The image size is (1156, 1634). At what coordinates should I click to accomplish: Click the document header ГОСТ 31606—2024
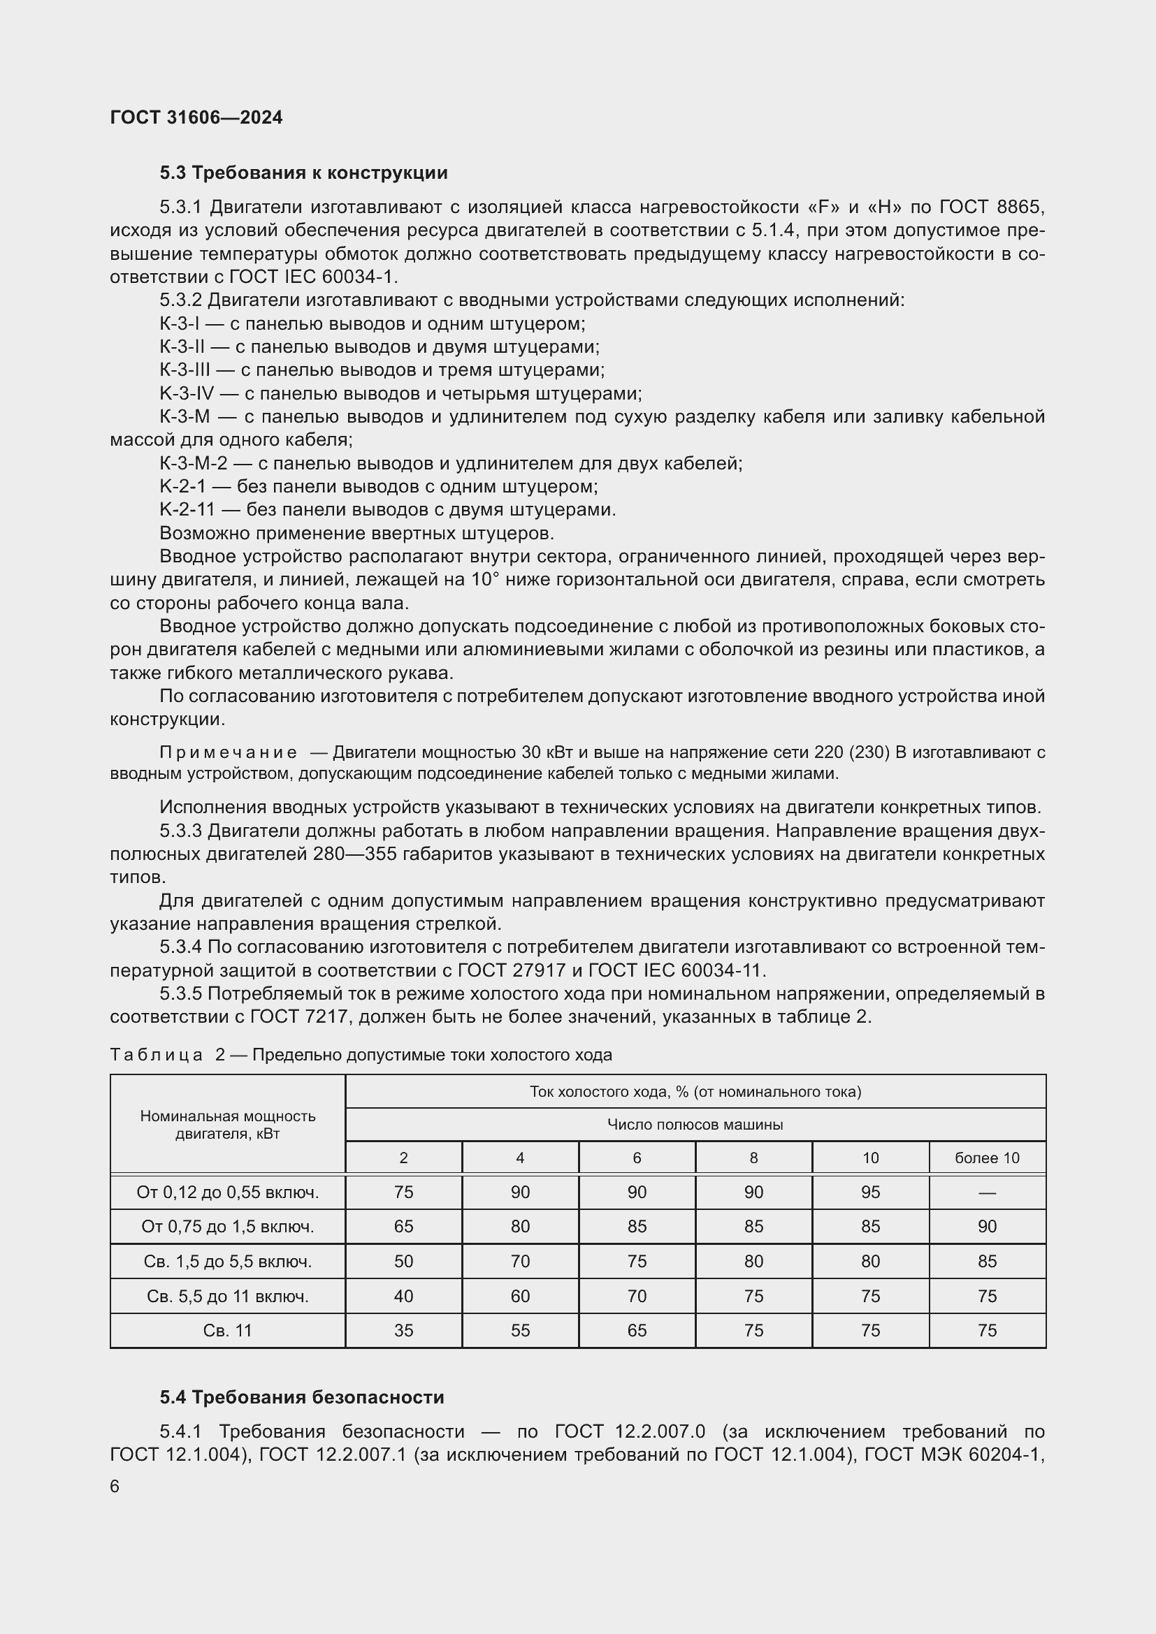(x=196, y=117)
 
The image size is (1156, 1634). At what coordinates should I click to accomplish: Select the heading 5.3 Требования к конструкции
(x=303, y=173)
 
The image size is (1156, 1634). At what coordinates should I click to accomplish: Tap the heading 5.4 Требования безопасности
(x=302, y=1397)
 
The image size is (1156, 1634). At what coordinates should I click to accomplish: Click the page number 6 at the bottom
(x=115, y=1487)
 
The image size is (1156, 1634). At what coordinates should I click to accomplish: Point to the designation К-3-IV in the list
(x=187, y=393)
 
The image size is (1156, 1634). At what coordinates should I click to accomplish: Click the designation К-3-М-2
(x=193, y=463)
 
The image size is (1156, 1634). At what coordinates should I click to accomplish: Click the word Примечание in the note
(x=228, y=752)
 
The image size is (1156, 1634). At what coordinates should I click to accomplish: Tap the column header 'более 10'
(x=987, y=1158)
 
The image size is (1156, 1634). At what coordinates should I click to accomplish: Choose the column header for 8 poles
(x=753, y=1158)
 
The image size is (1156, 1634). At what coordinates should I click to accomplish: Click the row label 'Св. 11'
(x=227, y=1330)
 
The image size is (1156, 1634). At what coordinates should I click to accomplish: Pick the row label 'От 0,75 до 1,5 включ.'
(x=227, y=1226)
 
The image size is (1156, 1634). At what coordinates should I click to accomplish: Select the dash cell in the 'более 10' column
(x=987, y=1192)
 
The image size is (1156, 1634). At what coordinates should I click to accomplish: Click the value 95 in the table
(x=870, y=1192)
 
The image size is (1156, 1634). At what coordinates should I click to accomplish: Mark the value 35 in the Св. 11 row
(x=403, y=1330)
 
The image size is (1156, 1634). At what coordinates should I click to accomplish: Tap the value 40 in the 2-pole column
(x=403, y=1296)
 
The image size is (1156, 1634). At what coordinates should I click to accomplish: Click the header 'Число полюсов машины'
(x=695, y=1125)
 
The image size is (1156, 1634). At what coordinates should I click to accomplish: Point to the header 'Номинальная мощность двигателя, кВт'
(x=227, y=1125)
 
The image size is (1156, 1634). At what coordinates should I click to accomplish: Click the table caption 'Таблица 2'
(x=167, y=1055)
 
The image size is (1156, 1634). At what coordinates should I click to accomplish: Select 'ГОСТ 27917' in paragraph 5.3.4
(x=511, y=970)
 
